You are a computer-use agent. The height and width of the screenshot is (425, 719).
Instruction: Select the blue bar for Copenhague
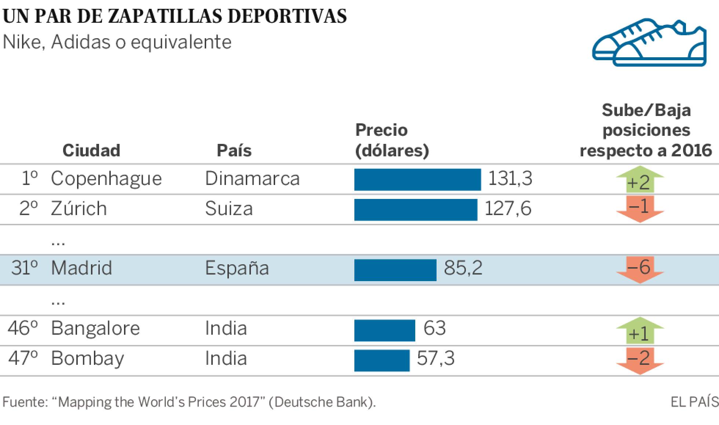click(x=417, y=180)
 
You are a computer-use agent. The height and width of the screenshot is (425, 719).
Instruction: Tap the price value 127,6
click(x=508, y=208)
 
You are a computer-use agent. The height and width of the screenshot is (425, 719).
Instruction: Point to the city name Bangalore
click(x=95, y=328)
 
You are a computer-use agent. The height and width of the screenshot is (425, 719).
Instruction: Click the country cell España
click(x=237, y=268)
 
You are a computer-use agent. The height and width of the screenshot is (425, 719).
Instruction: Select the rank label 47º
click(x=23, y=358)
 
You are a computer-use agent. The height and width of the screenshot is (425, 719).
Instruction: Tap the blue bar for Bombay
click(x=382, y=360)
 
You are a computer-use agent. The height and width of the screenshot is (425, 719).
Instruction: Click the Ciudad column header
click(x=91, y=150)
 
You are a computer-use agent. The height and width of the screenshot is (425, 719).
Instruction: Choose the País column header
click(x=234, y=150)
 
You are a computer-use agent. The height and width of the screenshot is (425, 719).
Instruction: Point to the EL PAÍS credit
click(x=694, y=402)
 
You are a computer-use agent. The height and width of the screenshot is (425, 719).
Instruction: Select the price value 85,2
click(x=463, y=268)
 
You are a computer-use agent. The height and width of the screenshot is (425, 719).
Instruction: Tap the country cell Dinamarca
click(x=252, y=179)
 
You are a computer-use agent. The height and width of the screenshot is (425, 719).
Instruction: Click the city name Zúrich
click(x=79, y=209)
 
